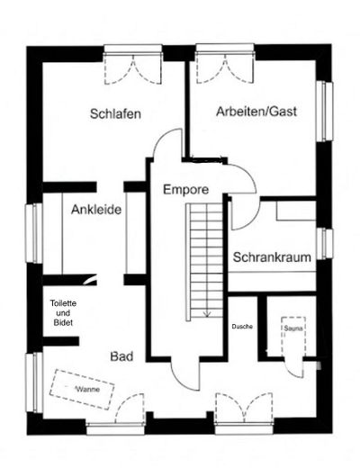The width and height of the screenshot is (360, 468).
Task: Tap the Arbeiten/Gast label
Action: click(256, 112)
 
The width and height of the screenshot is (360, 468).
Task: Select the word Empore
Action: click(186, 190)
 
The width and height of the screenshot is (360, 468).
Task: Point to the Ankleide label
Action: click(96, 210)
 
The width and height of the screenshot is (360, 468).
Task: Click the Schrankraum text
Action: click(272, 257)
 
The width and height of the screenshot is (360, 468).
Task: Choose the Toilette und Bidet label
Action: click(63, 313)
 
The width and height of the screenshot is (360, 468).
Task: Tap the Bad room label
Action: click(121, 357)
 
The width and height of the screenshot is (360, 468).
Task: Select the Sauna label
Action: click(292, 329)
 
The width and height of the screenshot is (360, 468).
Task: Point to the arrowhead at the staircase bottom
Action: click(208, 314)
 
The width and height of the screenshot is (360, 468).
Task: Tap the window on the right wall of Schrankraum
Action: click(327, 243)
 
